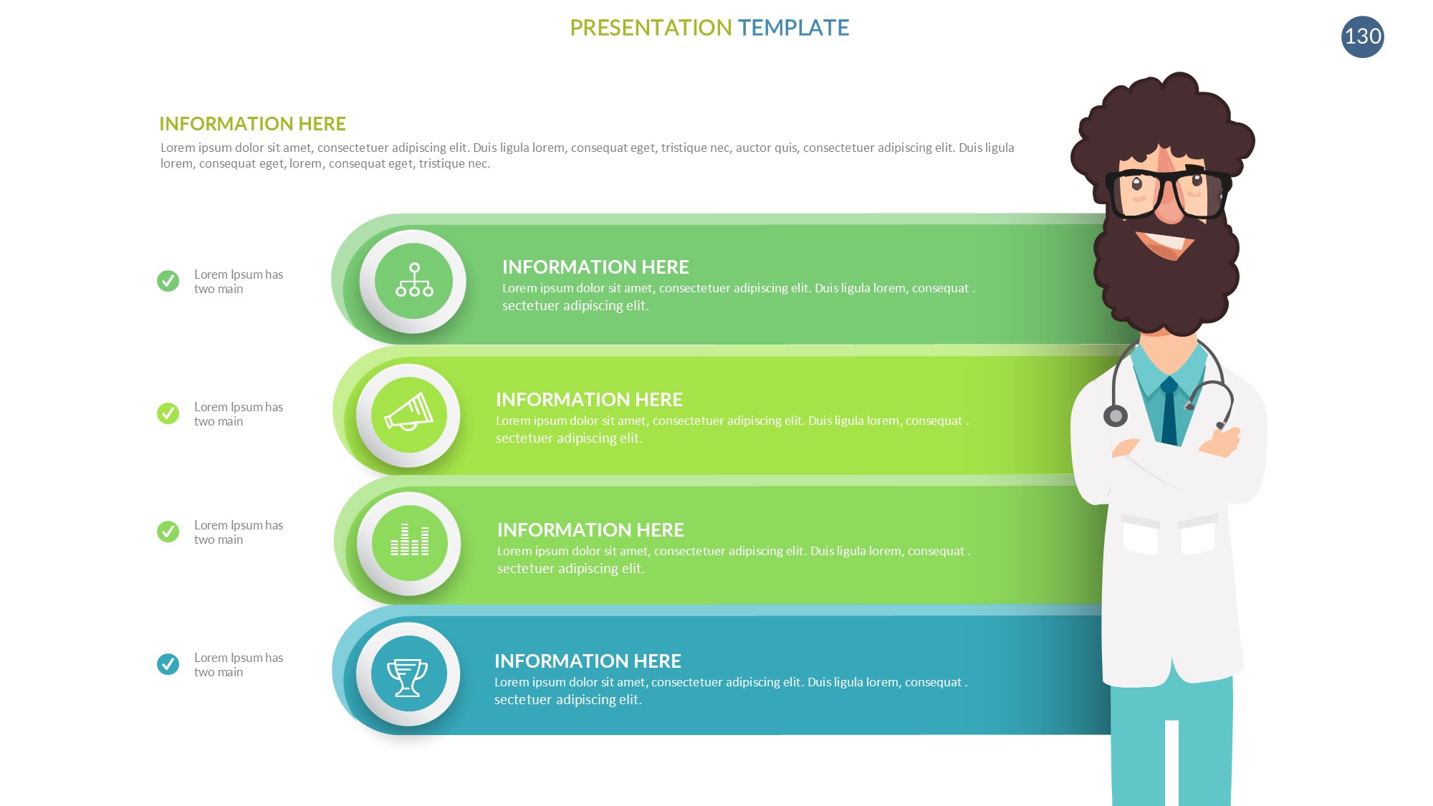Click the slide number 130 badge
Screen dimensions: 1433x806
1362,37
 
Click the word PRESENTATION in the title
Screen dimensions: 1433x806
651,28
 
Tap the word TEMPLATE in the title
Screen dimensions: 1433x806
793,28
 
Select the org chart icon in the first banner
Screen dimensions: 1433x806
414,280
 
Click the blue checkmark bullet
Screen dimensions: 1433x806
168,664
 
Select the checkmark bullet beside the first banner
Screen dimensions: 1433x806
168,281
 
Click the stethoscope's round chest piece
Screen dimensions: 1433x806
1115,416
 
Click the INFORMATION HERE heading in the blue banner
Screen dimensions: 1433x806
588,661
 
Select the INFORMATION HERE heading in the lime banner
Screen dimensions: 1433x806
589,399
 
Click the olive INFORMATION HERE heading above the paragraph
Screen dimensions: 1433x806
252,124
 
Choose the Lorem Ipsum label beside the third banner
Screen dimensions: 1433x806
239,532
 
